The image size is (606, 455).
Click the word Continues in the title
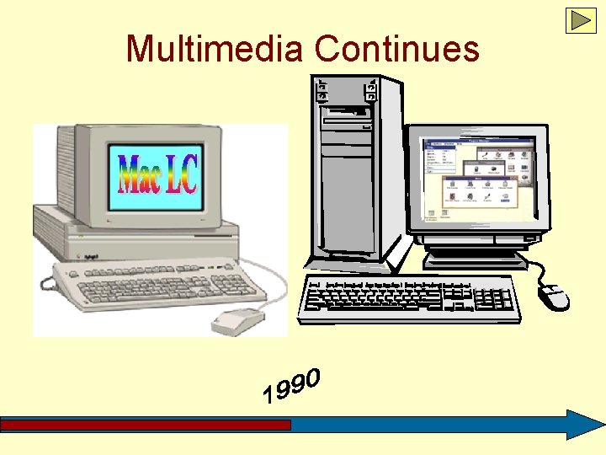(x=396, y=48)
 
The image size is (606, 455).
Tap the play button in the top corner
(x=581, y=20)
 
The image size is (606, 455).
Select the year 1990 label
(x=291, y=384)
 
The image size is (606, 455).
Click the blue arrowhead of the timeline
(x=582, y=425)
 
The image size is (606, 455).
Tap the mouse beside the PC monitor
(x=554, y=296)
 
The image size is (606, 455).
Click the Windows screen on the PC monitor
(x=480, y=181)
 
